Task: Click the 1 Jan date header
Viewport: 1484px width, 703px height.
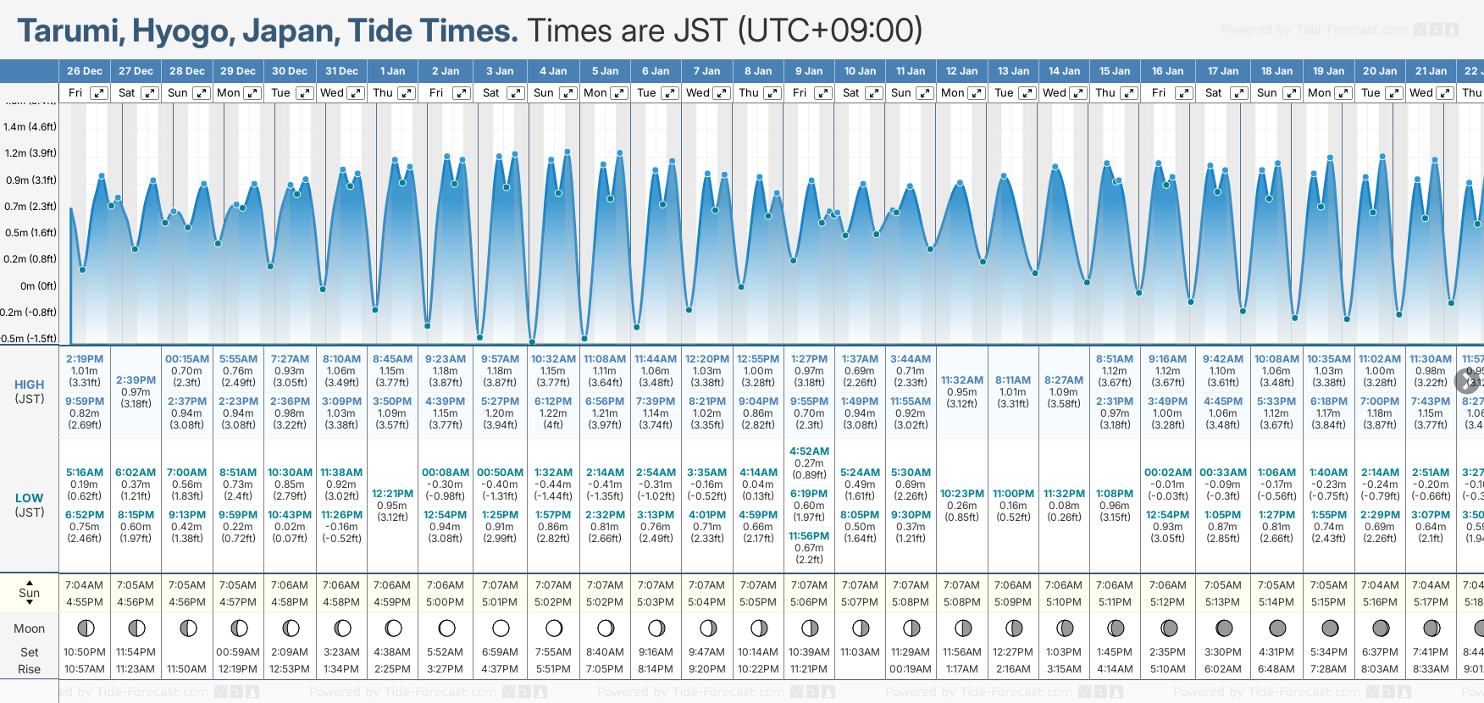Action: point(392,71)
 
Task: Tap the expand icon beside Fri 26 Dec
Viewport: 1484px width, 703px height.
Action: point(99,93)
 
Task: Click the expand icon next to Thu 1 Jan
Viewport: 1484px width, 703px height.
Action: point(407,93)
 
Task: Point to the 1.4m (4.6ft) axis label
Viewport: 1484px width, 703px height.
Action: point(30,127)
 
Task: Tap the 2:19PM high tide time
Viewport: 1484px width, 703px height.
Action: point(85,359)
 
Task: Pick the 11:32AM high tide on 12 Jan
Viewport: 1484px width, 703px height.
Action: point(962,380)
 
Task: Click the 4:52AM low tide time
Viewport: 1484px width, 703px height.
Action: point(809,451)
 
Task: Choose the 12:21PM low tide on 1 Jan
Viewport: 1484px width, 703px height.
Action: point(392,494)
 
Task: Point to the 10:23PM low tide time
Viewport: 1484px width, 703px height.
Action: point(962,494)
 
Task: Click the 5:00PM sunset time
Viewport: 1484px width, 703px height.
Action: point(445,602)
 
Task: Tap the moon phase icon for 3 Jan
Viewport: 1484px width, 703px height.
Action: point(501,628)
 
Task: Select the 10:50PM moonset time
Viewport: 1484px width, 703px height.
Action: point(85,652)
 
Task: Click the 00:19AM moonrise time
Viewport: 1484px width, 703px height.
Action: point(911,669)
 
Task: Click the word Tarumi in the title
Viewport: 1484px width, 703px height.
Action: point(69,31)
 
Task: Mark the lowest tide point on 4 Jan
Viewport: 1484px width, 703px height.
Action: point(532,342)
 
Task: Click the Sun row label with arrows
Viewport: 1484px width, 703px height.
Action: point(29,592)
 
